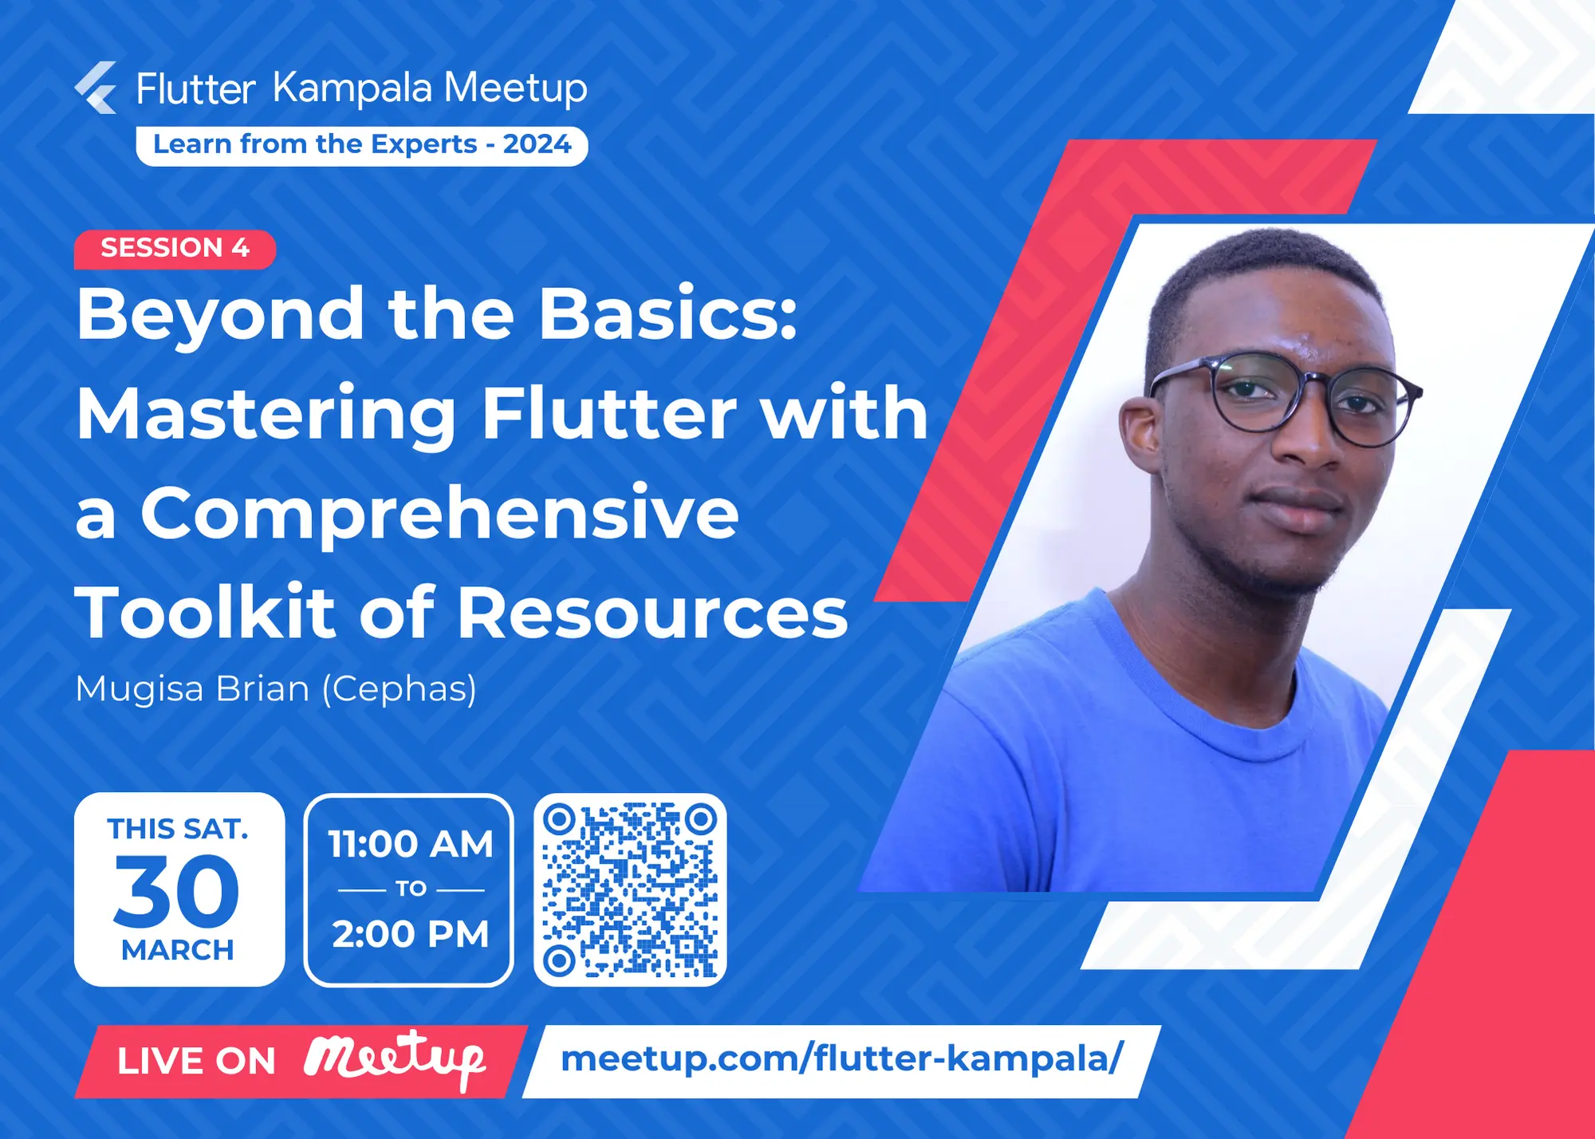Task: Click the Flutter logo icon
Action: [96, 88]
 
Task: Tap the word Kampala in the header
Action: [352, 88]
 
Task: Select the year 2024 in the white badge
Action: [537, 144]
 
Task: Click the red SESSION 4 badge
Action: [175, 248]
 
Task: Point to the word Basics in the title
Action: [668, 314]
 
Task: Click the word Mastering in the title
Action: [266, 414]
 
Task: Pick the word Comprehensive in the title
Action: [439, 514]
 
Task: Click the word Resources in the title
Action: [652, 613]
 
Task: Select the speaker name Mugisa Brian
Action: [192, 688]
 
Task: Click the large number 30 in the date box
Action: [176, 891]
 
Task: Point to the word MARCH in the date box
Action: [178, 950]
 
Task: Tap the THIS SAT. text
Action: [178, 829]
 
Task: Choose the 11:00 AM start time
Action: [410, 844]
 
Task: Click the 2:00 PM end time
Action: [410, 934]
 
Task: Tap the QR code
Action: [630, 889]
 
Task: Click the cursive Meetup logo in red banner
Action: [395, 1059]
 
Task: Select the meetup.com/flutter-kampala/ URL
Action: [841, 1059]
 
